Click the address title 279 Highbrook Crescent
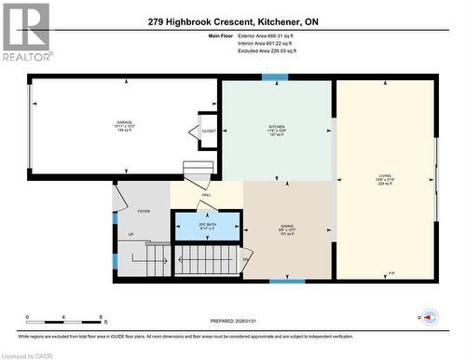click(232, 21)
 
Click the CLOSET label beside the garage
click(209, 132)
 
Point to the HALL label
click(206, 194)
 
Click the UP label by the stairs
click(130, 235)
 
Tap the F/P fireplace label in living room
click(391, 272)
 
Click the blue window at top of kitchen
click(275, 77)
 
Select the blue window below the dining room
click(287, 280)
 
